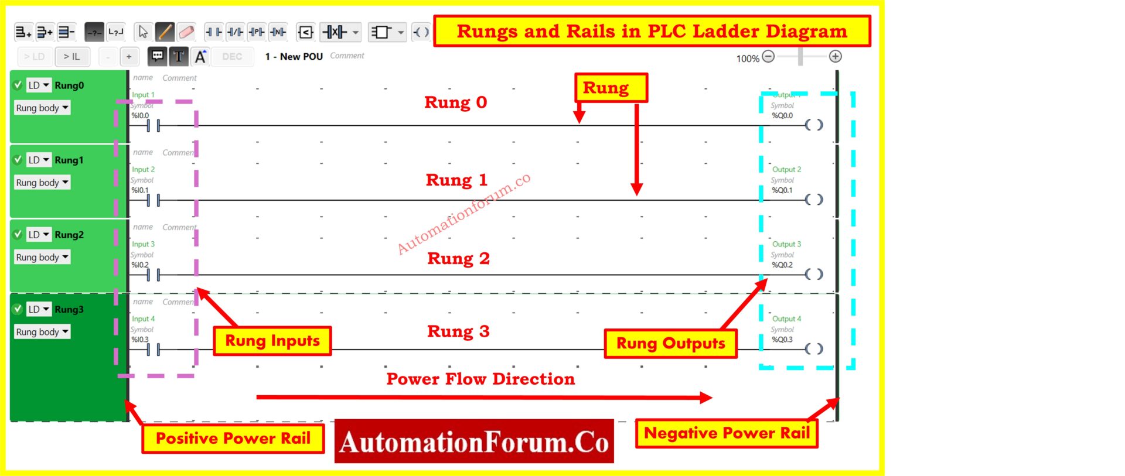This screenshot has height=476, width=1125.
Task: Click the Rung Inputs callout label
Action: [272, 341]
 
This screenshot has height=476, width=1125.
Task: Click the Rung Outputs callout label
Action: [670, 344]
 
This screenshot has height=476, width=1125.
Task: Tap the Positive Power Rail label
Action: [233, 439]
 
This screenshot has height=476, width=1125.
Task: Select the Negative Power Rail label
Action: [727, 433]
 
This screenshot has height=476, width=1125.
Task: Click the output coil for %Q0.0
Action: [813, 125]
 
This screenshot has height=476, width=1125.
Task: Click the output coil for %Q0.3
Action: [813, 349]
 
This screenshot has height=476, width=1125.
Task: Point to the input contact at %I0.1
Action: [153, 200]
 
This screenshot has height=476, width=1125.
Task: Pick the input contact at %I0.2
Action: [153, 275]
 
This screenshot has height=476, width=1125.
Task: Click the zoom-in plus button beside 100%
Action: [835, 57]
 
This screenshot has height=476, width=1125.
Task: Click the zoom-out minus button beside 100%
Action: [769, 57]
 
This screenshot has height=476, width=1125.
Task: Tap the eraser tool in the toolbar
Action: [186, 32]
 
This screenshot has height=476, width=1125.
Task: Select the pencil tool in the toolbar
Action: [165, 32]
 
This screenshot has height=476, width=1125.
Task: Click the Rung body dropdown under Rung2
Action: [42, 257]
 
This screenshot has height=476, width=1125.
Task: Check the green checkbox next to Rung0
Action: [18, 85]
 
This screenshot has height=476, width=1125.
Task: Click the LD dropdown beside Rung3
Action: [39, 309]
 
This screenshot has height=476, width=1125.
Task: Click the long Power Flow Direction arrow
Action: [483, 398]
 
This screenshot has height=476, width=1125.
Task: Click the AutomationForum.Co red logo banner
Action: [474, 441]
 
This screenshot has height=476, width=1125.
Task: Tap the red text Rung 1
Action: [456, 180]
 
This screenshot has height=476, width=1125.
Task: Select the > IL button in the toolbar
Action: [72, 57]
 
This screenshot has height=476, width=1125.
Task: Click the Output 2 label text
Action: [786, 169]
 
